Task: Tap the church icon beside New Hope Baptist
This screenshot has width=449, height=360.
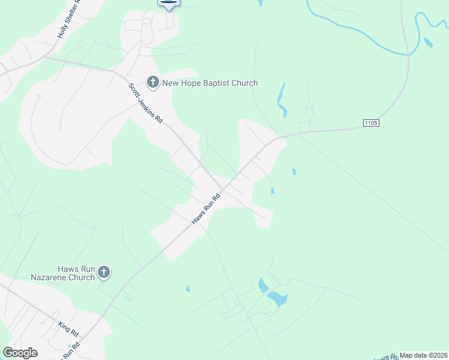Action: tap(152, 82)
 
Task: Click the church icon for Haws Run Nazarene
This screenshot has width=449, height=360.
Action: tap(104, 273)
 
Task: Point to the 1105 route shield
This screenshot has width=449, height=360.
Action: tap(371, 123)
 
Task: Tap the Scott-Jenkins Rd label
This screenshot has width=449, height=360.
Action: tap(146, 103)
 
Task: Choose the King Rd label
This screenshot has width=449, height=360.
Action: tap(68, 329)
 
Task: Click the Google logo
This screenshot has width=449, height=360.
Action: tap(20, 353)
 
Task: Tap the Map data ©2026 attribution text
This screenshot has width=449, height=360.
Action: tap(423, 355)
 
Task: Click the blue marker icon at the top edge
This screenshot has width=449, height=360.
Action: tap(169, 3)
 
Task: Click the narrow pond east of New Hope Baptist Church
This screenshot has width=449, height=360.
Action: tap(281, 100)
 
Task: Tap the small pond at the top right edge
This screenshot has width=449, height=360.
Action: tap(428, 43)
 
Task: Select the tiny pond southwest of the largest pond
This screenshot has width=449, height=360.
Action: tap(188, 289)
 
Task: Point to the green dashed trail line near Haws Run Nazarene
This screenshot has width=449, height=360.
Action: tap(125, 316)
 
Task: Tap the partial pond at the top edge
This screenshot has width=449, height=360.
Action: tap(261, 2)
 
